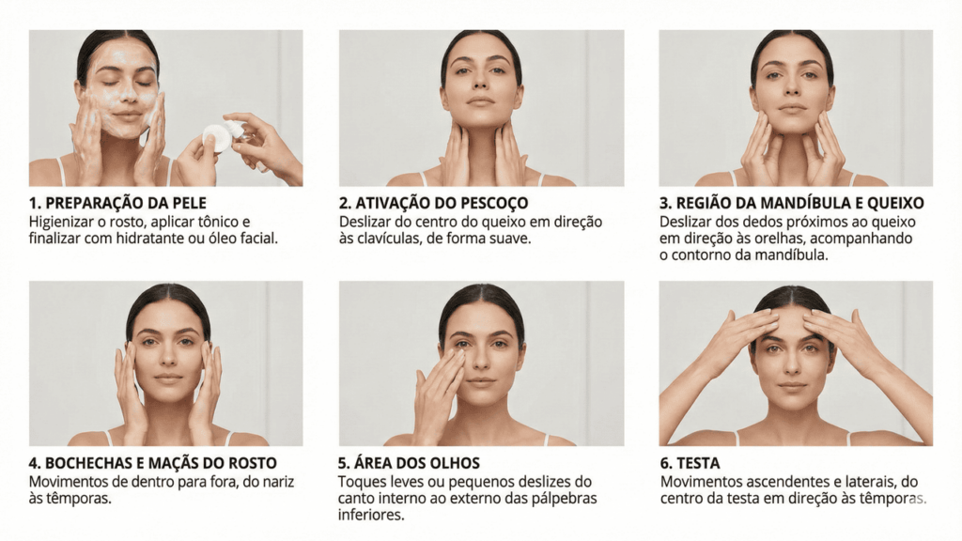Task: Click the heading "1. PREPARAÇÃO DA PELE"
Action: (x=117, y=203)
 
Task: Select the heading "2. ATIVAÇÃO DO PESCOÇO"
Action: (x=433, y=203)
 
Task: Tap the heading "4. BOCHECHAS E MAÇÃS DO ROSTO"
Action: (x=153, y=463)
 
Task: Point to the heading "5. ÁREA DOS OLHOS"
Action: (x=409, y=463)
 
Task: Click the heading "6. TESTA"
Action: (x=690, y=463)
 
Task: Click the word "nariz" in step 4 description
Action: (x=278, y=482)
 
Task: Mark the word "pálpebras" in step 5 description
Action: (x=565, y=498)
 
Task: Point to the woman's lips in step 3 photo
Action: (x=792, y=109)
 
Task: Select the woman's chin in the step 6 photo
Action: (x=792, y=403)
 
